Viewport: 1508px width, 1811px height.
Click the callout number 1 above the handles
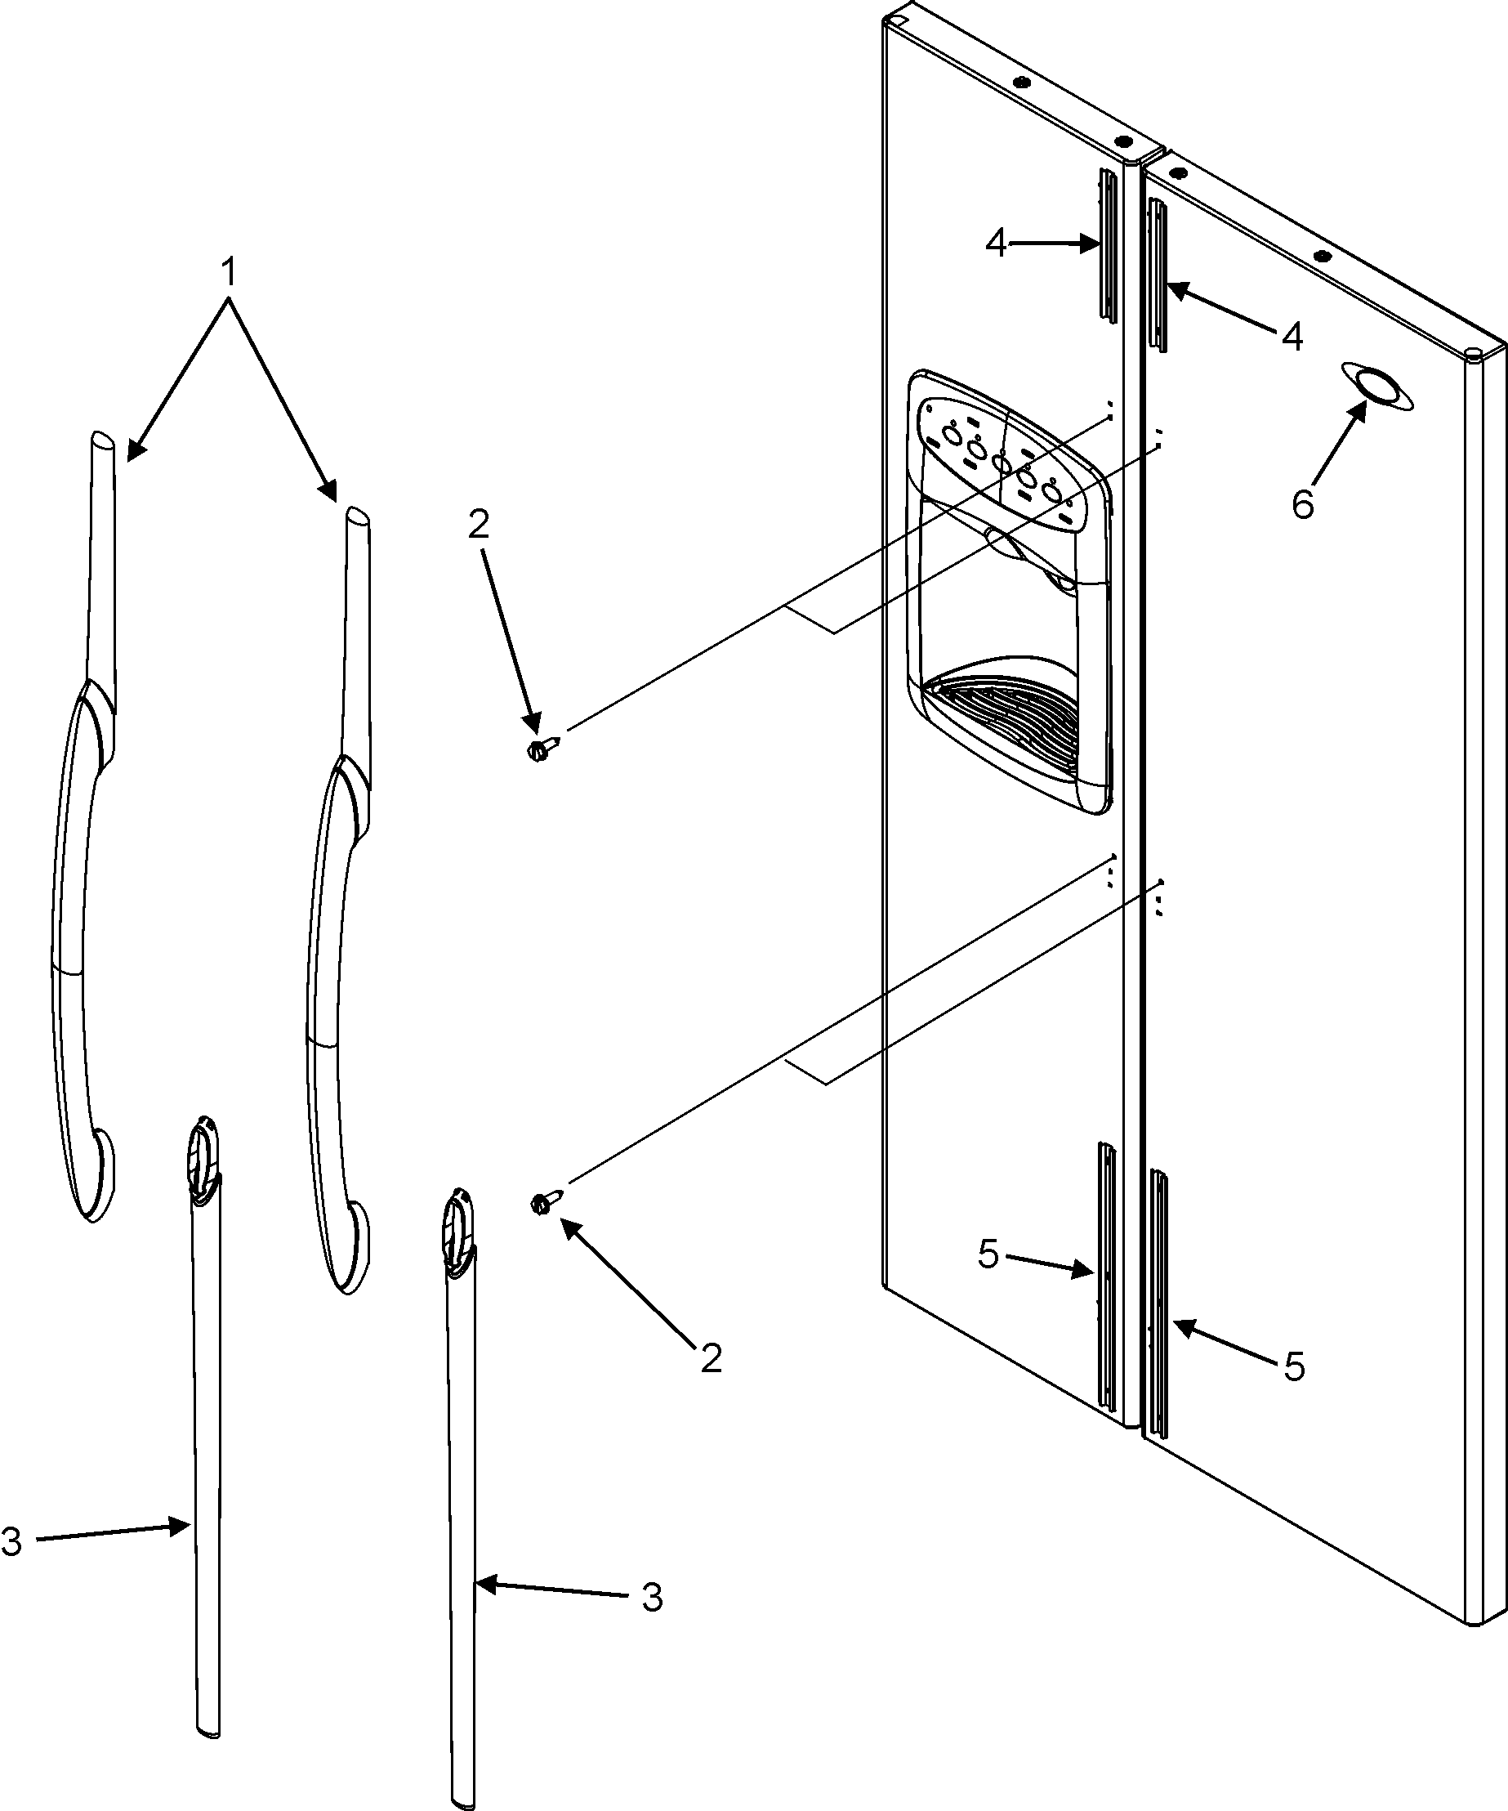click(228, 274)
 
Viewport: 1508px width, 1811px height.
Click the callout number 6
click(1302, 503)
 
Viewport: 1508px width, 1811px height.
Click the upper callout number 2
click(479, 524)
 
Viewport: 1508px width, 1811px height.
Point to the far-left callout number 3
click(12, 1541)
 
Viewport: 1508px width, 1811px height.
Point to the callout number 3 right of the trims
click(652, 1598)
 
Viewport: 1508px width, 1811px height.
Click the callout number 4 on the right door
click(1292, 335)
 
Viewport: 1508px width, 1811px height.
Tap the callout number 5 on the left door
click(988, 1254)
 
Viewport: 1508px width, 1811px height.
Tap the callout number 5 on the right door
click(1294, 1366)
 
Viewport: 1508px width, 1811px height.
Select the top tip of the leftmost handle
click(99, 440)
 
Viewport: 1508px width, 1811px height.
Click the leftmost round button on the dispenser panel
click(952, 435)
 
